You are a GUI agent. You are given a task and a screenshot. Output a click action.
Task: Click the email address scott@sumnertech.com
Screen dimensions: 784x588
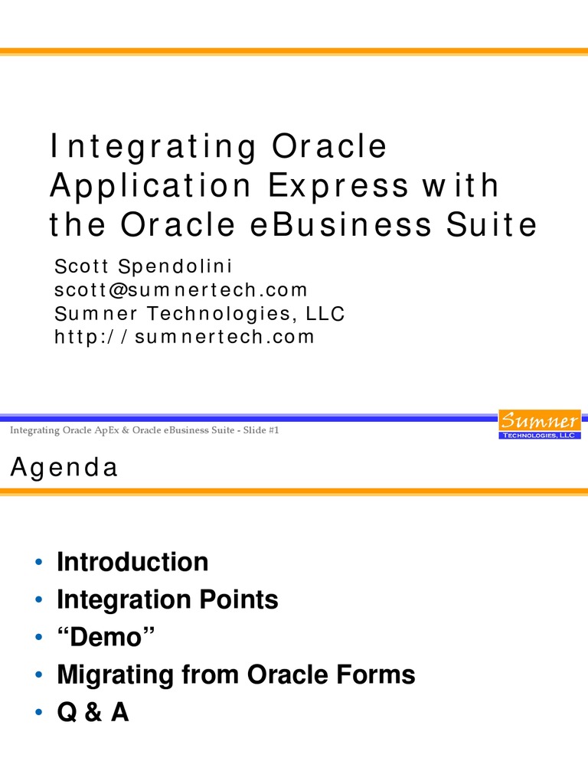click(181, 289)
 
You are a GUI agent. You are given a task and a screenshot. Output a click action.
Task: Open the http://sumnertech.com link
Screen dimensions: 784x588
click(184, 336)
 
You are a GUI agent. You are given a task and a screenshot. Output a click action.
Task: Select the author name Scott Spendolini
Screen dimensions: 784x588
click(142, 266)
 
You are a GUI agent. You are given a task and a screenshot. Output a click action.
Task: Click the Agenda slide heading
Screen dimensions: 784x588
click(64, 467)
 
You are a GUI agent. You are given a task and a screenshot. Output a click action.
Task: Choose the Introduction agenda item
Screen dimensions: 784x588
click(132, 562)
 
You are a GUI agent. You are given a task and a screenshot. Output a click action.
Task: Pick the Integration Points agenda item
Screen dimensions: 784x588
click(167, 599)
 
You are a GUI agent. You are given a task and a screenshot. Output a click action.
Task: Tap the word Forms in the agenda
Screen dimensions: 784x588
click(378, 675)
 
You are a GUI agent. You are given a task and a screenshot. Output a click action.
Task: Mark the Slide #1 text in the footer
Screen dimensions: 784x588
click(260, 431)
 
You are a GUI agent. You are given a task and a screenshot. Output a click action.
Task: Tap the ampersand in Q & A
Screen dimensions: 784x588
click(93, 713)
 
